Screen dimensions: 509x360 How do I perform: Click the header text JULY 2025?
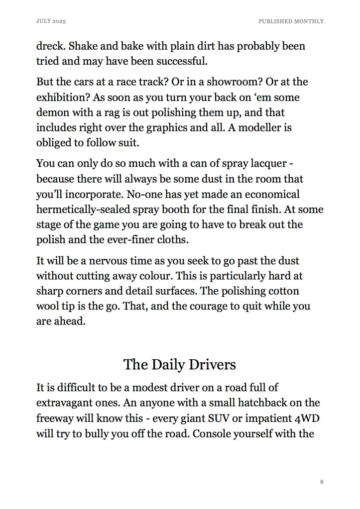coord(51,21)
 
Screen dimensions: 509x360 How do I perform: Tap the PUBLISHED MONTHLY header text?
coord(291,21)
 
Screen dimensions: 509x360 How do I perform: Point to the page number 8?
coord(322,482)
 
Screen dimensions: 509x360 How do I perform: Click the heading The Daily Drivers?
coord(179,364)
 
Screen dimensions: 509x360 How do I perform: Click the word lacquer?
coord(274,164)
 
